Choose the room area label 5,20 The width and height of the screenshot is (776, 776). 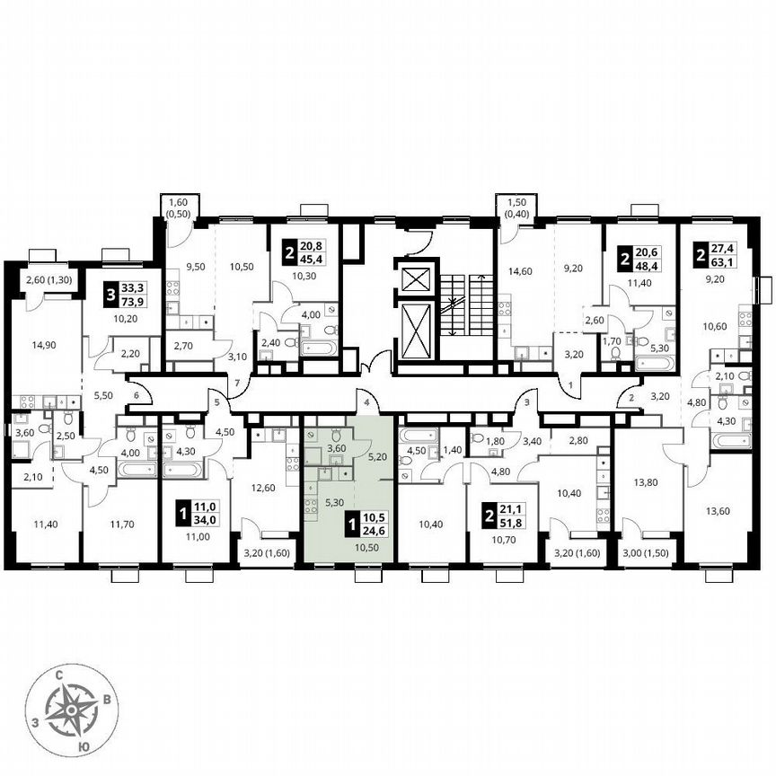tap(378, 456)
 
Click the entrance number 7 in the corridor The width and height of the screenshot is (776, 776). tap(237, 384)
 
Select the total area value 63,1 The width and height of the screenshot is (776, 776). tap(724, 261)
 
